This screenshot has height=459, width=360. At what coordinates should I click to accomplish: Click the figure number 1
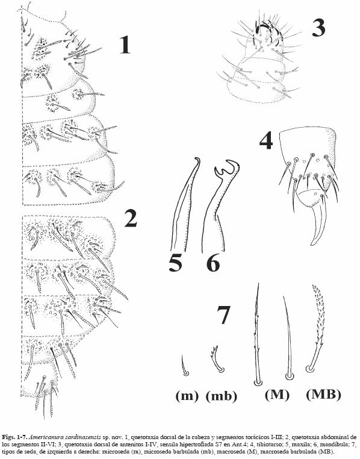pos(125,45)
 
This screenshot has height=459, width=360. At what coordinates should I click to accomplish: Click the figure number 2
pos(131,219)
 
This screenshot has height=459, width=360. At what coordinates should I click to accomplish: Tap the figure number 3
pos(318,28)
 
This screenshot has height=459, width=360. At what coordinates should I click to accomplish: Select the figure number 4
pos(266,140)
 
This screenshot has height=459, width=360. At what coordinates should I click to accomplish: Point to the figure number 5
pos(175,262)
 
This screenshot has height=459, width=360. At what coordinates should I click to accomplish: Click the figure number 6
pos(213,262)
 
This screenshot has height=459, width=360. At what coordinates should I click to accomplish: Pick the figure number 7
pos(224,315)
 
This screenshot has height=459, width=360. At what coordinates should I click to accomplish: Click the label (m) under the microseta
pos(187,396)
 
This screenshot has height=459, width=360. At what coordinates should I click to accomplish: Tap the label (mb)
pos(222,396)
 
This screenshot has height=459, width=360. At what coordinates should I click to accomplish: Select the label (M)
pos(277,395)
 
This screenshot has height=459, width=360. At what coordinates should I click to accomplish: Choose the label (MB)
pos(323,395)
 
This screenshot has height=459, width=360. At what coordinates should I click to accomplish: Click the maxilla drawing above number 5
pos(185,205)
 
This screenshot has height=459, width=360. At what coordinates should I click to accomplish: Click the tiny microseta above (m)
pos(184,366)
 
